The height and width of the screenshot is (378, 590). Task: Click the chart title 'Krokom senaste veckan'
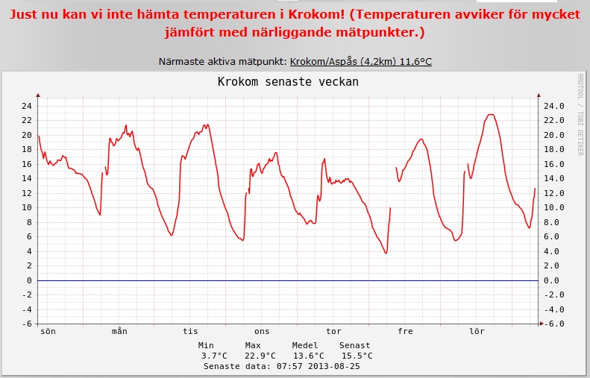pyautogui.click(x=288, y=81)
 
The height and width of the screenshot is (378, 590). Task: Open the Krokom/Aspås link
pyautogui.click(x=360, y=61)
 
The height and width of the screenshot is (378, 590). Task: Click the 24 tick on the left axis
pyautogui.click(x=26, y=106)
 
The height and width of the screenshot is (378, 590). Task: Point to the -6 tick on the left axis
pyautogui.click(x=26, y=324)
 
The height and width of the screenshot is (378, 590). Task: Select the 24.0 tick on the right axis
pyautogui.click(x=553, y=106)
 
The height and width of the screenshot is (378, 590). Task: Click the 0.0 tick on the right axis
pyautogui.click(x=553, y=280)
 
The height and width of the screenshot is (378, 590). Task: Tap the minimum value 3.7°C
pyautogui.click(x=214, y=356)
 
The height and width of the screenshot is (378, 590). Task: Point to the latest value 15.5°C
pyautogui.click(x=357, y=356)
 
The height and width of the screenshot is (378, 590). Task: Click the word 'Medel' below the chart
pyautogui.click(x=305, y=345)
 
